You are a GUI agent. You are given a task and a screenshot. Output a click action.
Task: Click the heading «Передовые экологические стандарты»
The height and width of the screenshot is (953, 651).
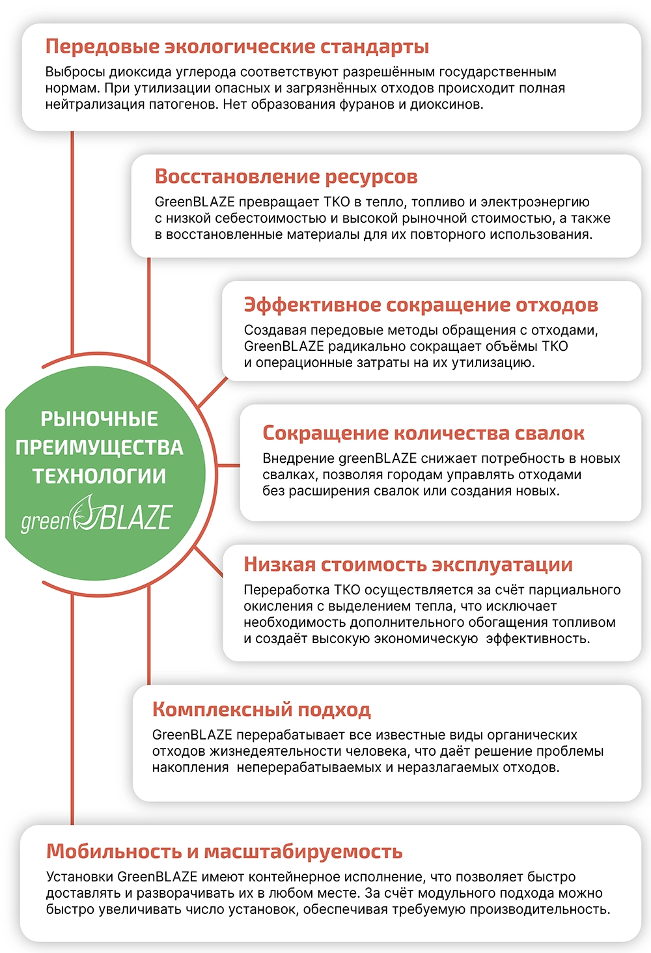pyautogui.click(x=237, y=47)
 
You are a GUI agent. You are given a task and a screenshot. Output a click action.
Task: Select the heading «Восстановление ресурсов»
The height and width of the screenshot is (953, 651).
pyautogui.click(x=286, y=177)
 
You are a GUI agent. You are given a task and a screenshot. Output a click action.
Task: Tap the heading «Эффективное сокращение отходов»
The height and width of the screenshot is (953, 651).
pyautogui.click(x=421, y=305)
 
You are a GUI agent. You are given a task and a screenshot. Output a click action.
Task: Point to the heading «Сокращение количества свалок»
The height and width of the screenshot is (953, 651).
pyautogui.click(x=423, y=433)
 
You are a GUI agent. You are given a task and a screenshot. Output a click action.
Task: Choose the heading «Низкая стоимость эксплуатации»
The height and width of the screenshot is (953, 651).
pyautogui.click(x=408, y=565)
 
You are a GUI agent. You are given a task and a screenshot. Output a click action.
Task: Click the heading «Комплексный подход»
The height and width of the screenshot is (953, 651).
pyautogui.click(x=261, y=710)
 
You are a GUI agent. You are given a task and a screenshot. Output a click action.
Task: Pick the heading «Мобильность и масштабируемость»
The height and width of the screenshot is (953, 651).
pyautogui.click(x=224, y=851)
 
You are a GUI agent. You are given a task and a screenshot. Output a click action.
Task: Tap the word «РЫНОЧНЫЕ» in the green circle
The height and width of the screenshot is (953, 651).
pyautogui.click(x=99, y=419)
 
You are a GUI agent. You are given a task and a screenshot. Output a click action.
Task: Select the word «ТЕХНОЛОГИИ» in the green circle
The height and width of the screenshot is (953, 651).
pyautogui.click(x=99, y=476)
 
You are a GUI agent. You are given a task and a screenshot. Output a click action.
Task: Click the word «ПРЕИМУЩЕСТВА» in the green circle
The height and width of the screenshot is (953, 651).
pyautogui.click(x=99, y=448)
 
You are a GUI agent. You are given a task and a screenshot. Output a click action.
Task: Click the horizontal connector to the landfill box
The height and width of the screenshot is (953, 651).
pyautogui.click(x=228, y=465)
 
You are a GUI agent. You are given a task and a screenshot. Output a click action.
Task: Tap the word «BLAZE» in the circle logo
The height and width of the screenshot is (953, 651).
pyautogui.click(x=137, y=518)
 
